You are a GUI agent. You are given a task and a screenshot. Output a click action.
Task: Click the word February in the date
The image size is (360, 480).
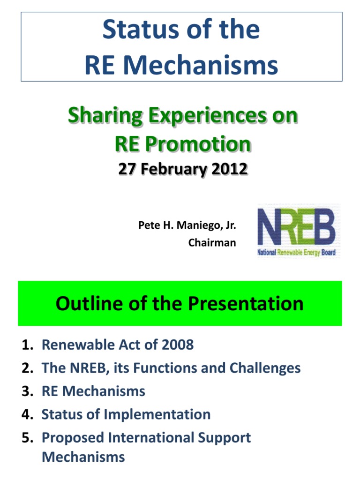(173, 169)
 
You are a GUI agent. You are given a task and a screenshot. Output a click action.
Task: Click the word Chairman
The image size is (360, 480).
(212, 243)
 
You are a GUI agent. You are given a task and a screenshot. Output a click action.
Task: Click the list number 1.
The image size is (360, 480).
(27, 345)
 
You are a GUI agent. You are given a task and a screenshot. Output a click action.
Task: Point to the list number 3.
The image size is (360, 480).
(27, 391)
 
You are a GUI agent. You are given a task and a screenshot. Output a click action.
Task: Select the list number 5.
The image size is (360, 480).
(27, 438)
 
